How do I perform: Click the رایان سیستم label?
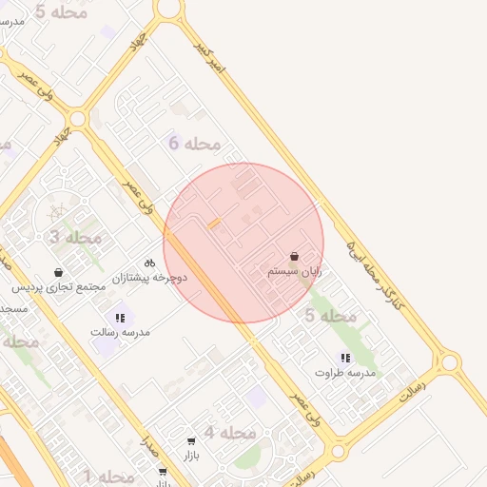point(294,271)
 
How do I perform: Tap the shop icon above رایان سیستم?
point(294,257)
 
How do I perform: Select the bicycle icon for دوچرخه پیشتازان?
point(149,263)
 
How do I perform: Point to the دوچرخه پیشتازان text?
point(150,278)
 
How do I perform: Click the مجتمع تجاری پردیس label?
point(60,286)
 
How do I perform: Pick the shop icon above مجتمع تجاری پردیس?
point(59,272)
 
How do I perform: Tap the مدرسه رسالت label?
point(120,332)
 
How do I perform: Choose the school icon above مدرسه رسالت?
point(120,318)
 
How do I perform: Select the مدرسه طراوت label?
point(345,373)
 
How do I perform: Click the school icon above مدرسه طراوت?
point(345,359)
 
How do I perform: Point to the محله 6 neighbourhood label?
point(194,144)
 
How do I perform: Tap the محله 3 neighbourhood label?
point(75,237)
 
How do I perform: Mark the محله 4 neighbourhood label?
point(230,433)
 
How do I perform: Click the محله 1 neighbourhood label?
point(108,476)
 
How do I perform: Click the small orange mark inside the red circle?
point(214,224)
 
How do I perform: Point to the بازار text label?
point(191,456)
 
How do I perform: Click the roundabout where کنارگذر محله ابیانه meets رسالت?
point(448,362)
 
